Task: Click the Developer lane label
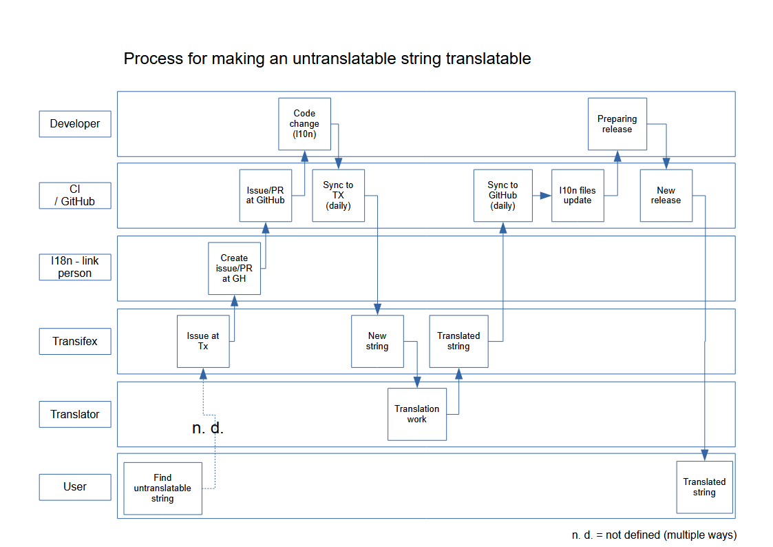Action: click(x=75, y=124)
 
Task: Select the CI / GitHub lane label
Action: click(x=75, y=195)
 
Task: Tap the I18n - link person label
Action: click(x=75, y=267)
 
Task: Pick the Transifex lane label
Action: click(x=75, y=341)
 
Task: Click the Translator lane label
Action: click(x=75, y=414)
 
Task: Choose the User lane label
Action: click(x=75, y=487)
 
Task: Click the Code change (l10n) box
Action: click(x=304, y=124)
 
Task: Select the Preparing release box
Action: click(x=617, y=124)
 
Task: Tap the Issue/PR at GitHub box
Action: click(x=266, y=196)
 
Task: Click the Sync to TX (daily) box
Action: click(x=338, y=196)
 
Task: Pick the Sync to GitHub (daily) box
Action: click(x=502, y=196)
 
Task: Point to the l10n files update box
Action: click(x=578, y=196)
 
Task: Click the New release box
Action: click(x=666, y=196)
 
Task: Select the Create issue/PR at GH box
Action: click(x=234, y=269)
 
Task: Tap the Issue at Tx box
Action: click(x=203, y=341)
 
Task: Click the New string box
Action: click(x=377, y=341)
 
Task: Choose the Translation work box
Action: click(x=416, y=414)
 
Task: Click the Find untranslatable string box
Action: click(x=162, y=488)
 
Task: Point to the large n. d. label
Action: click(x=208, y=429)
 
